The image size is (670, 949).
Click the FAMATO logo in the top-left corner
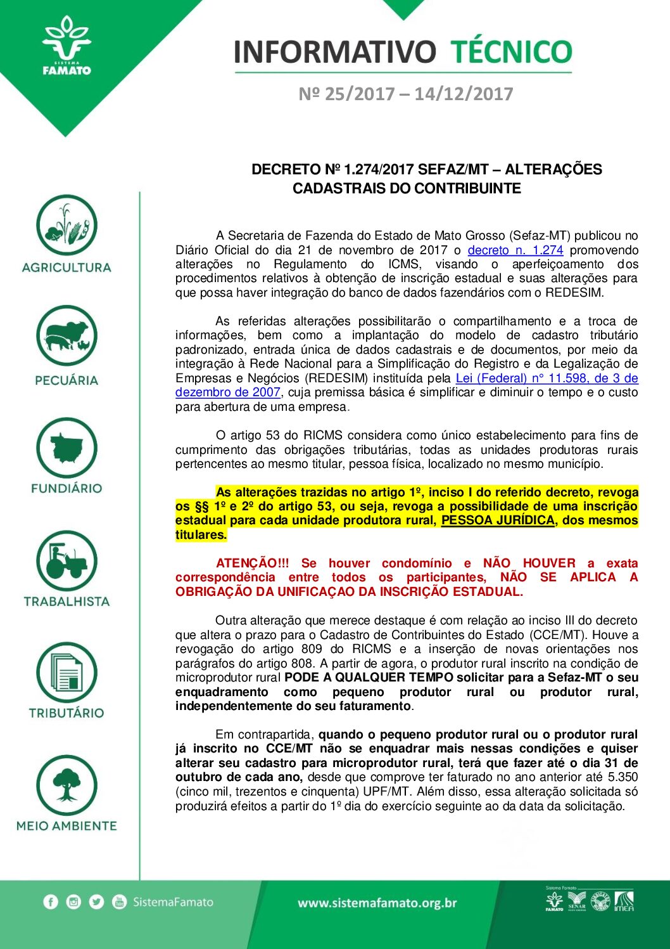(66, 48)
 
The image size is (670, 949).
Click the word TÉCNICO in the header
(511, 52)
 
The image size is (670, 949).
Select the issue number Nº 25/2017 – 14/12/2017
(405, 94)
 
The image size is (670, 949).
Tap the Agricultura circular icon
(66, 225)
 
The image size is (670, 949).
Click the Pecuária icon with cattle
(66, 336)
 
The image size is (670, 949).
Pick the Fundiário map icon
(66, 448)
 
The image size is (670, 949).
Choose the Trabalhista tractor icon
(66, 560)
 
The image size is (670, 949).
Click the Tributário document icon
(66, 673)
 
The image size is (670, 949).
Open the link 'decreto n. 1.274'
(515, 250)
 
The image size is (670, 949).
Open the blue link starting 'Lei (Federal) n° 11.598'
(547, 378)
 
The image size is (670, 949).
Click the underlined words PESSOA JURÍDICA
(498, 520)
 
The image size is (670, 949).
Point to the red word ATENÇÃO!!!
(252, 563)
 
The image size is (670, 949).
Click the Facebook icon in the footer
(51, 901)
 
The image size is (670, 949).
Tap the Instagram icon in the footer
(73, 901)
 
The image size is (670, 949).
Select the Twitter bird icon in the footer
(96, 901)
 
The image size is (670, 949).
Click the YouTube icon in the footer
(119, 901)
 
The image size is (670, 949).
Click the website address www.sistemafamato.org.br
(377, 903)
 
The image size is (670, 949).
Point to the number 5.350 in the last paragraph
(623, 777)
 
